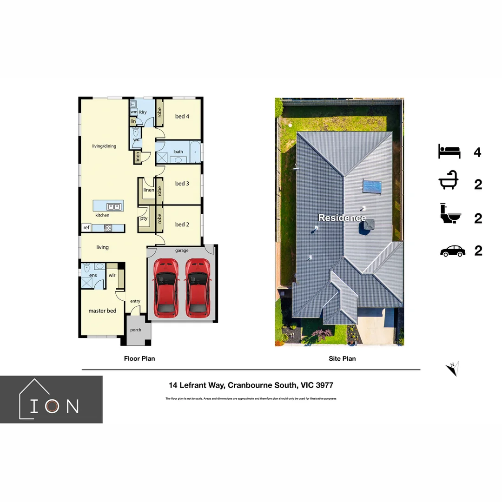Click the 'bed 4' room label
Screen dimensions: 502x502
182,116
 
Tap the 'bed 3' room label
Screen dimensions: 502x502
182,184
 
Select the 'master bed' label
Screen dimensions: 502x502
102,310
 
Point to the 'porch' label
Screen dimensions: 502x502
136,330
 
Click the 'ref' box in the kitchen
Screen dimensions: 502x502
86,228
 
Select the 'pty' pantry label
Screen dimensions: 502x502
144,218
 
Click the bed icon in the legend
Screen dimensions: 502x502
449,152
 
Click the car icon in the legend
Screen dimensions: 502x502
452,251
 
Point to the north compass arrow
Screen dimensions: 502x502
453,369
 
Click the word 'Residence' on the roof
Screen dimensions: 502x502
342,218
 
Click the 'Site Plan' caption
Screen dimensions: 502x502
342,358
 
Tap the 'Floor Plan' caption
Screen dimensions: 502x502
139,358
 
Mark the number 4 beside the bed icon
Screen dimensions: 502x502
477,152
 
